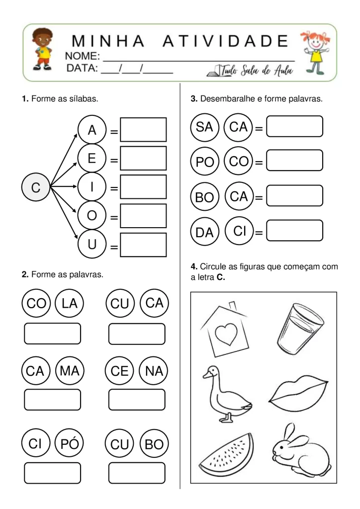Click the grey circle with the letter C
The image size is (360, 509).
pos(35,187)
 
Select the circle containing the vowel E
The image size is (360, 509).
pos(92,159)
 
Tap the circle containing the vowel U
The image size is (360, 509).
pos(92,245)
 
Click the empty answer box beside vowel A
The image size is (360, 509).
pos(143,130)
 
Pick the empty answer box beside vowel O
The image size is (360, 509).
pos(143,216)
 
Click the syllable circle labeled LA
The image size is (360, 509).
pos(69,303)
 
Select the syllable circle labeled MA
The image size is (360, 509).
pos(69,371)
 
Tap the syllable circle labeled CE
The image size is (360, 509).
pos(120,371)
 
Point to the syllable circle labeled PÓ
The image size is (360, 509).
pos(69,444)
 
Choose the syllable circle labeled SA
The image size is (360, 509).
pos(204,127)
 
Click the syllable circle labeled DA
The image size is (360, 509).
pos(204,232)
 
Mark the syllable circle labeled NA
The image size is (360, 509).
pos(155,371)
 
